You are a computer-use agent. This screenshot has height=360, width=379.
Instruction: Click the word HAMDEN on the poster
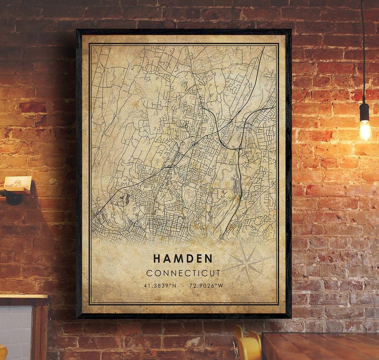(183, 258)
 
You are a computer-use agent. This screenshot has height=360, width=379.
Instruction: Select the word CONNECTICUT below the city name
(183, 273)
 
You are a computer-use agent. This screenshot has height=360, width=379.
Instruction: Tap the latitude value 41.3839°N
(160, 286)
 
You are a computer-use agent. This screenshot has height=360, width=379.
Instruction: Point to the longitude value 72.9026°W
(206, 286)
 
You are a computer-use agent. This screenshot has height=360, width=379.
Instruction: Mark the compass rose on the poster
(247, 262)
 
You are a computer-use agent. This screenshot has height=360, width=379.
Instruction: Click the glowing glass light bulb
(365, 130)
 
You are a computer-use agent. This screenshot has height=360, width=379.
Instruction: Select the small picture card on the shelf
(18, 182)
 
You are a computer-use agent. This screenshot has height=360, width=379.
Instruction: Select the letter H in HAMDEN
(157, 258)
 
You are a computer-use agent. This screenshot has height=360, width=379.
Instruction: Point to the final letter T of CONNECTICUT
(218, 273)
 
